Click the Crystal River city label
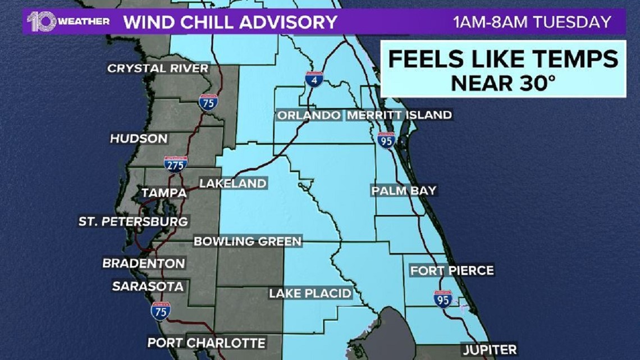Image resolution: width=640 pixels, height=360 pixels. tap(158, 69)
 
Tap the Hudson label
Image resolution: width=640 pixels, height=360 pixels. tap(139, 138)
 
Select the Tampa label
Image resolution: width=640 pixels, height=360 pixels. tap(163, 193)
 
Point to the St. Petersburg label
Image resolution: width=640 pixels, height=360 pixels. tap(133, 221)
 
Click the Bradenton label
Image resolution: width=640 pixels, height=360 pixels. tap(143, 263)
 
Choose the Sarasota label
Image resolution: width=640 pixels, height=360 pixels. tap(148, 286)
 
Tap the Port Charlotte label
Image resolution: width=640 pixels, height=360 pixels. tap(206, 343)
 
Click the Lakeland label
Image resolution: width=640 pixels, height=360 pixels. tap(232, 184)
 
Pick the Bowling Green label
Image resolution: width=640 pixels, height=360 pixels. tap(248, 241)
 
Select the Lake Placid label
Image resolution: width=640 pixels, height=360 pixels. tap(310, 293)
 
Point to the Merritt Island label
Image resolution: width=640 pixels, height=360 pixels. tap(399, 115)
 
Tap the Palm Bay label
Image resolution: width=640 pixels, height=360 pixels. tap(404, 190)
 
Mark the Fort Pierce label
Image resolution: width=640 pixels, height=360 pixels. tap(452, 271)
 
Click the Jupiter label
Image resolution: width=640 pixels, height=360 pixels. tap(490, 349)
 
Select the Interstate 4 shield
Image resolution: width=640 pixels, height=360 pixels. tap(314, 79)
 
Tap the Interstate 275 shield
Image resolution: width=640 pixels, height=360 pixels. tap(176, 163)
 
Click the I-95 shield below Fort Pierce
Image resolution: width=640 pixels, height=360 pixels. tap(442, 299)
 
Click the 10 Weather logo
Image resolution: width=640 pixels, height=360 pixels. tap(67, 22)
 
